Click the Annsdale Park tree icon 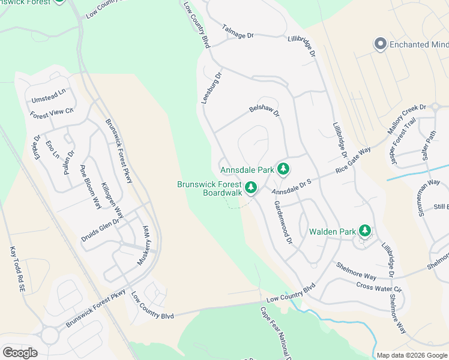[x=284, y=170]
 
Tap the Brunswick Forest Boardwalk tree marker [x=251, y=188]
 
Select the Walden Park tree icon [x=364, y=231]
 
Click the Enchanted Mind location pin [x=379, y=44]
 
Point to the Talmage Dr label [x=238, y=32]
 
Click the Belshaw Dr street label [x=265, y=111]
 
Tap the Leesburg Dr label [x=211, y=88]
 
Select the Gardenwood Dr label [x=282, y=222]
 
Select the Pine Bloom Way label [x=91, y=185]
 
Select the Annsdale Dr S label [x=292, y=186]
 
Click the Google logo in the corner [x=20, y=352]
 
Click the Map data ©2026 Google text [x=411, y=355]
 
